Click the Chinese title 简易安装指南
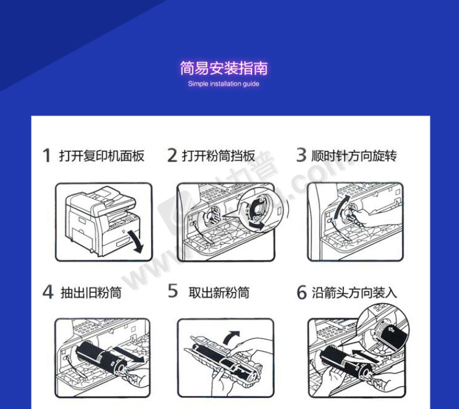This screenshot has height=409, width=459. click(224, 68)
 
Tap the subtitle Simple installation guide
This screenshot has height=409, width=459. click(224, 84)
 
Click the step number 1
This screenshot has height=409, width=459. click(46, 155)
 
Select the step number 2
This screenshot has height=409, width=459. click(172, 155)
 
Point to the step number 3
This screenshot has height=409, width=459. click(301, 155)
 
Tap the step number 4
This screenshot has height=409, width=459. click(48, 291)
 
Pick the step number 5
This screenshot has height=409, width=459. click(173, 291)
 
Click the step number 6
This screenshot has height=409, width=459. click(302, 292)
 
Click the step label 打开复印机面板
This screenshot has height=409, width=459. click(102, 156)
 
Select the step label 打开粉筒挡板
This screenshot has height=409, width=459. click(218, 156)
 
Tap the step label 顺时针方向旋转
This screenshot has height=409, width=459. click(354, 156)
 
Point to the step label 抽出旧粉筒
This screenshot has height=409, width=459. click(91, 293)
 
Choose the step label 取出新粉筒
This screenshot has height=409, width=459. click(219, 292)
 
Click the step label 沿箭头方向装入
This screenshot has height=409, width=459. click(354, 293)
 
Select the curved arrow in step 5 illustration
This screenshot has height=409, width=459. click(230, 337)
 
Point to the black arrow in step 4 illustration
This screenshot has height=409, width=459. click(129, 355)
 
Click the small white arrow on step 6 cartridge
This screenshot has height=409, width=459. click(391, 329)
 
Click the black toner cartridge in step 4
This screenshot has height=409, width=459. click(101, 357)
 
